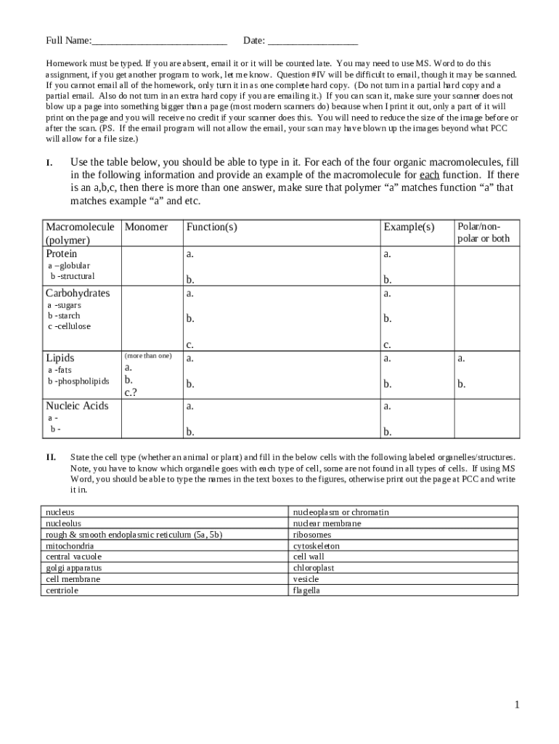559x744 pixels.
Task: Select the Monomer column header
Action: [146, 227]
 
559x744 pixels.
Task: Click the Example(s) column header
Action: [408, 227]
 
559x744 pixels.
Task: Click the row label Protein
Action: [62, 254]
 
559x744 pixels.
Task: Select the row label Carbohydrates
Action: [78, 293]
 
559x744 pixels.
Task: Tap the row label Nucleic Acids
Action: [77, 405]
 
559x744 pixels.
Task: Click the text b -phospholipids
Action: [78, 381]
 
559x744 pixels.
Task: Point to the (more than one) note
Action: [148, 355]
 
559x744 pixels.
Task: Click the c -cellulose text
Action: [69, 326]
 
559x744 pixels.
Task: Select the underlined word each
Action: [429, 175]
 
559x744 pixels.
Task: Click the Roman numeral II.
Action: [51, 457]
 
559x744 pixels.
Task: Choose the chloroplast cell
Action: [314, 567]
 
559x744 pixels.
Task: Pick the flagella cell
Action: [306, 590]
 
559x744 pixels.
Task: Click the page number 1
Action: [517, 704]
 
